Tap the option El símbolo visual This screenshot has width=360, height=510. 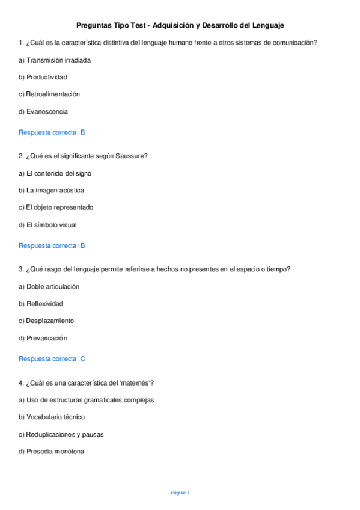click(51, 225)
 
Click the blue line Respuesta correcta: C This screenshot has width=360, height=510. click(52, 359)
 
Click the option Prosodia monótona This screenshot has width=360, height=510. click(55, 451)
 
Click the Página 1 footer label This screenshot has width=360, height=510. click(180, 493)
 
